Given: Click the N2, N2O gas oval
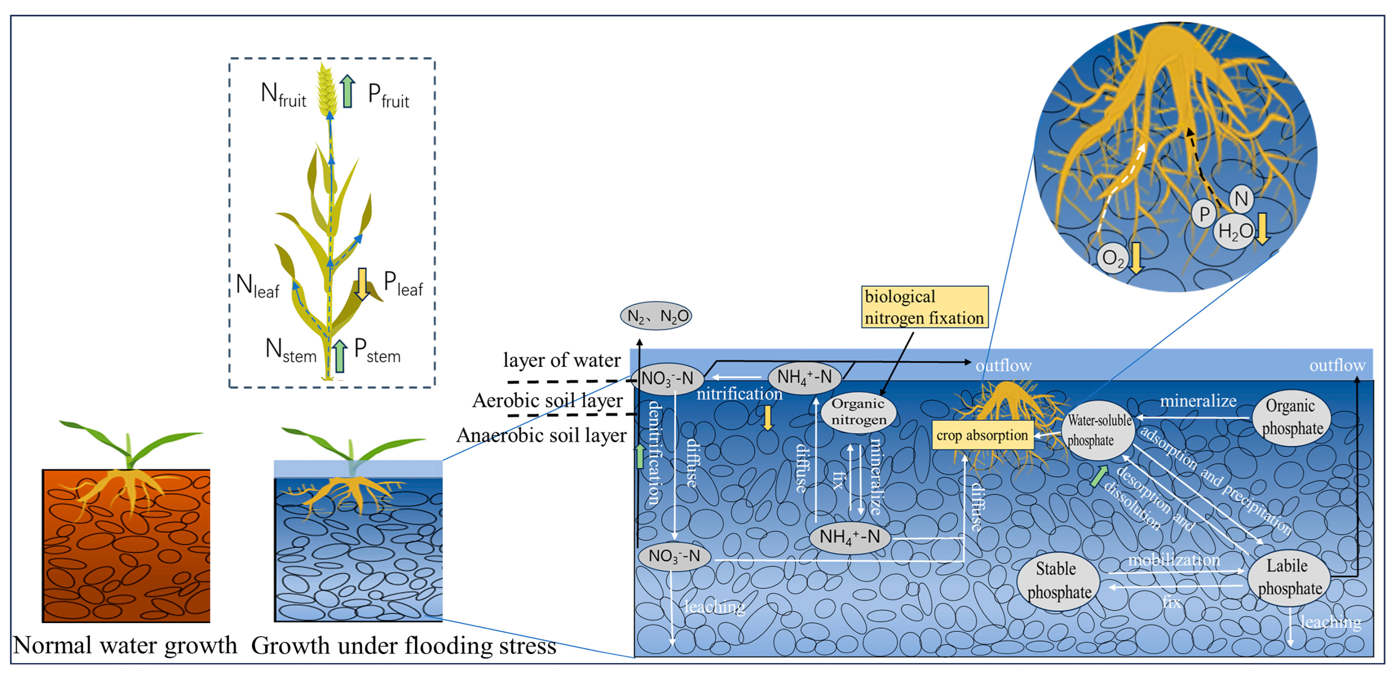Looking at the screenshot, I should pos(656,316).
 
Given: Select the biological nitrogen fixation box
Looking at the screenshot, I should pos(925,307).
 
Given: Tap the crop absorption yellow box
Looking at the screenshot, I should pos(982,436).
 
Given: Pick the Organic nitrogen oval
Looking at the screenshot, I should pos(859,412).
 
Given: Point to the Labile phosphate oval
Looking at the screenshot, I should pos(1289,577).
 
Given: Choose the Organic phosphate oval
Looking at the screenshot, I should pos(1292,417).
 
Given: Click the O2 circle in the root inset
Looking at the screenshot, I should pos(1113,259).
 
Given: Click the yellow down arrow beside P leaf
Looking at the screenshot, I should pos(362,283).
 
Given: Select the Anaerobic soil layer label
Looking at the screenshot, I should pos(541,436).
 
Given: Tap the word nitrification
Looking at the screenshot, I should pos(739,394).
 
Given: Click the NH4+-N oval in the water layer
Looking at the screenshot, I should pos(804,377).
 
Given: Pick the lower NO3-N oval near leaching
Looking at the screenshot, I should pos(674,556).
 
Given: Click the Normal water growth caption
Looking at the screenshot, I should pos(125,646).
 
